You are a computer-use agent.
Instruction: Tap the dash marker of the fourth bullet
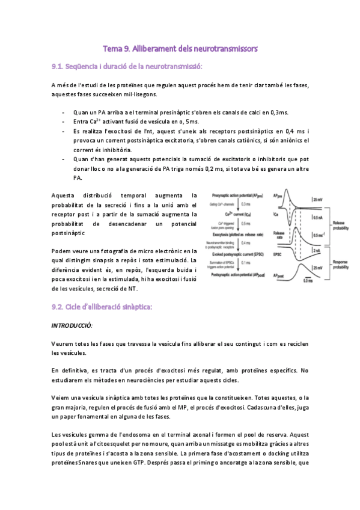tap(64, 159)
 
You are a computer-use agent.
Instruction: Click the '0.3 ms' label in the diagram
tap(245, 205)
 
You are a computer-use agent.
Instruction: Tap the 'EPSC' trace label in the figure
tap(277, 255)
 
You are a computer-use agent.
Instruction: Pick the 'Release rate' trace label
tap(278, 234)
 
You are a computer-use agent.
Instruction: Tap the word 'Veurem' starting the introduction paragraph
tap(64, 343)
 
